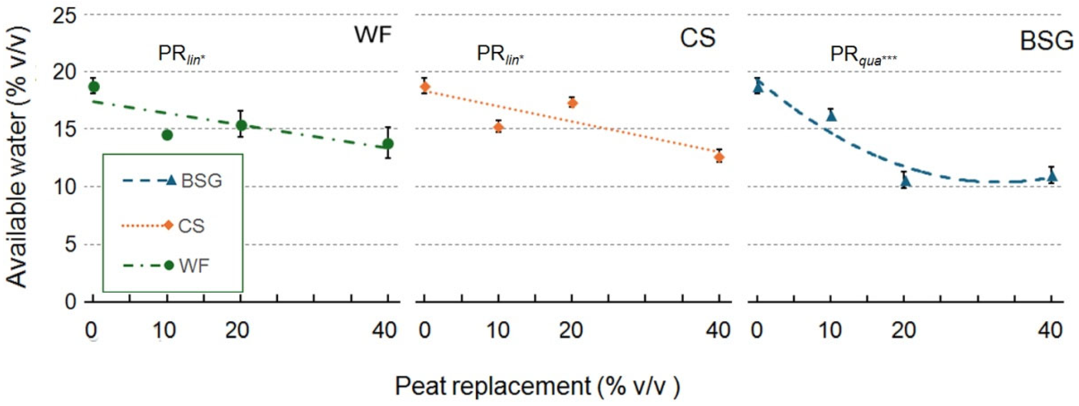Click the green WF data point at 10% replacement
(x=167, y=135)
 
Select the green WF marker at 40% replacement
(x=388, y=144)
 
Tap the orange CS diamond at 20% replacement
(x=572, y=103)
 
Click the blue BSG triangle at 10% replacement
(x=831, y=115)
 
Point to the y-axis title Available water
(x=19, y=159)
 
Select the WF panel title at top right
(x=373, y=34)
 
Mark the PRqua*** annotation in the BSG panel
(x=863, y=55)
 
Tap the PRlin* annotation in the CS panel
(x=500, y=55)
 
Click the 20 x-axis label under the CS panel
(x=571, y=331)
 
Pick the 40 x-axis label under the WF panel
(x=384, y=331)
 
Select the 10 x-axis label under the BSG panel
(x=830, y=331)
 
